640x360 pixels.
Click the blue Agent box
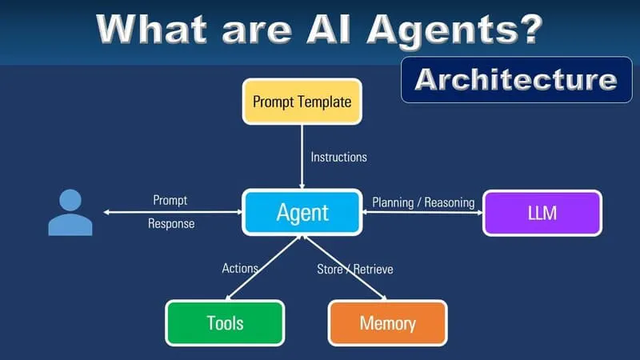click(x=302, y=212)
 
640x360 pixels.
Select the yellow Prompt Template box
click(x=302, y=102)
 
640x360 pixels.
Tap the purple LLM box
click(x=542, y=213)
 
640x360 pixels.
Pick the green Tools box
click(x=225, y=323)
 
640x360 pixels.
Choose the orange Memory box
click(x=387, y=323)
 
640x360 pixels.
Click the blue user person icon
click(x=70, y=213)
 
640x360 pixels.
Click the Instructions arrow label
click(x=338, y=157)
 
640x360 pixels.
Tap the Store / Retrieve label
click(x=355, y=269)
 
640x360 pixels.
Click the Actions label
click(x=240, y=268)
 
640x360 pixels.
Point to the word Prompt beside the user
click(x=170, y=200)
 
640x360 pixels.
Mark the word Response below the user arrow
click(x=171, y=224)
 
